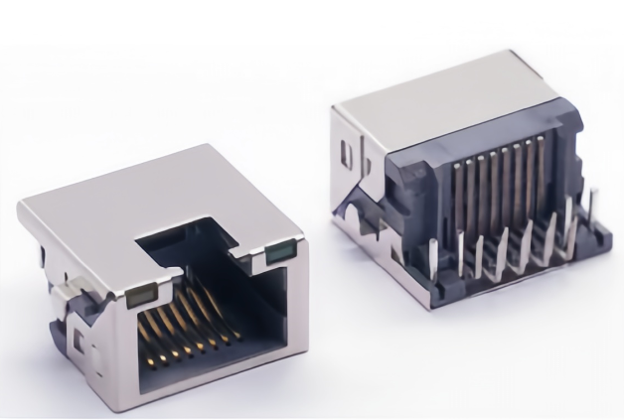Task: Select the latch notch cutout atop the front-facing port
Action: click(x=189, y=239)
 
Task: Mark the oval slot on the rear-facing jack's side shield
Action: click(x=346, y=157)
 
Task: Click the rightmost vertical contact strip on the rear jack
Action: click(x=544, y=179)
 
